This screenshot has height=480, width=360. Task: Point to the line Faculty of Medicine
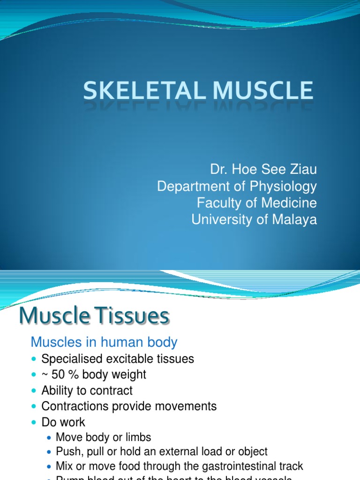256,203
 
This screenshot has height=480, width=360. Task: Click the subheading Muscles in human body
104,342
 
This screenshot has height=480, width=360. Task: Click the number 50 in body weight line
57,375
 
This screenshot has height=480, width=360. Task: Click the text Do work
63,422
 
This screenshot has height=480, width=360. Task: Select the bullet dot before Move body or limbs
49,438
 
